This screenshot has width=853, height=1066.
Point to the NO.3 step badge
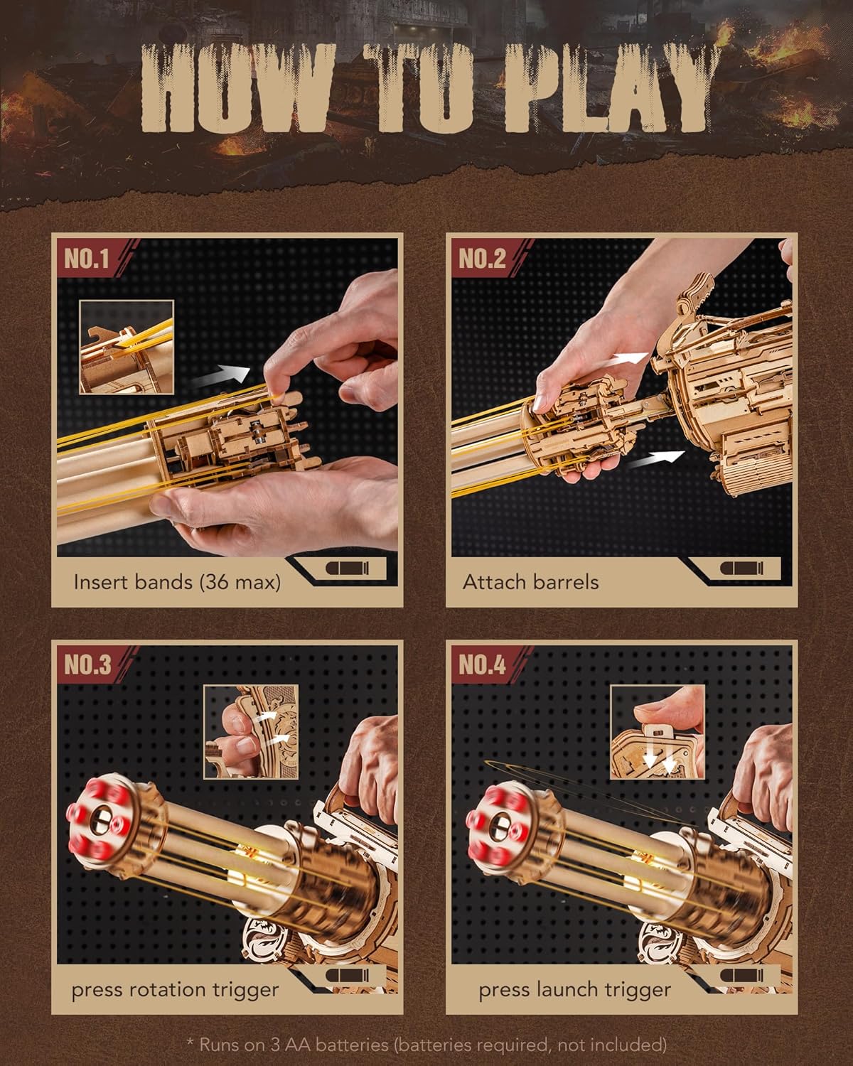pyautogui.click(x=87, y=665)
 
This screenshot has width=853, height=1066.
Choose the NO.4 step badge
pyautogui.click(x=482, y=665)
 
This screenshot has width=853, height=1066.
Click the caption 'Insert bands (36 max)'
pyautogui.click(x=177, y=582)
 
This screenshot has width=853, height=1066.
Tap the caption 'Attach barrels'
pyautogui.click(x=530, y=582)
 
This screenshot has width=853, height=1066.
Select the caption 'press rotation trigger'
pyautogui.click(x=175, y=989)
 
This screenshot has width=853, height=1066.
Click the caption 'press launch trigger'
pyautogui.click(x=574, y=989)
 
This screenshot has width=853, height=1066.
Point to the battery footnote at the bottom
pyautogui.click(x=426, y=1045)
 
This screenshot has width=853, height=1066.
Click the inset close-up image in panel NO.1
pyautogui.click(x=127, y=346)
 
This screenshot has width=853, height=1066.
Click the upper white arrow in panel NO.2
pyautogui.click(x=629, y=359)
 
